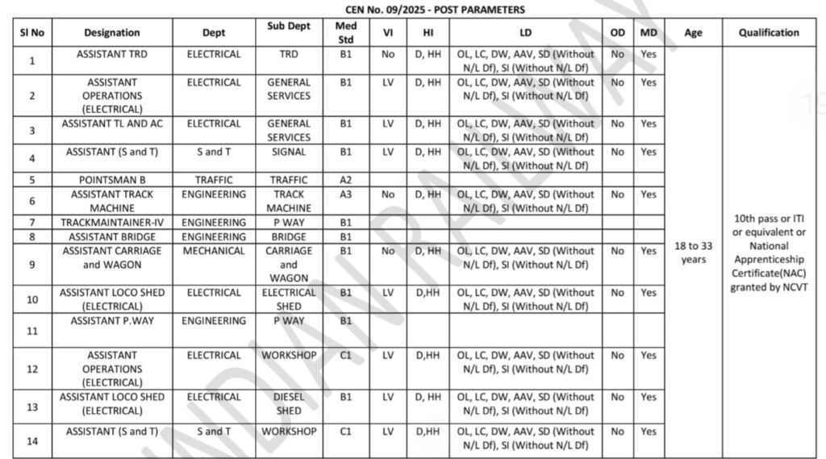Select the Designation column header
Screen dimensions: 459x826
pos(112,33)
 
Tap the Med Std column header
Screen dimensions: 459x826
pos(345,32)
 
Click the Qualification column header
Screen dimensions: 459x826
pos(769,33)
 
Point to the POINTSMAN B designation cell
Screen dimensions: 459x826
pos(112,180)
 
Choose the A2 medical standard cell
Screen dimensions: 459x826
pos(345,180)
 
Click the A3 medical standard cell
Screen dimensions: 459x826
pos(345,194)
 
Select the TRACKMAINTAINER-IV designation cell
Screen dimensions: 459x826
pos(112,223)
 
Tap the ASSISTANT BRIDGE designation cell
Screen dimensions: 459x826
pos(112,237)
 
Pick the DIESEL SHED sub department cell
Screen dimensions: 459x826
pos(289,403)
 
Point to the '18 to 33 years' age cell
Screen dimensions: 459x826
pos(693,252)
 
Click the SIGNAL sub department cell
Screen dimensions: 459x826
pos(289,152)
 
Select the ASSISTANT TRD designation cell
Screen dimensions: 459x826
pos(112,54)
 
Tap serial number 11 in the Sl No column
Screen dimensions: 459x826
pos(32,331)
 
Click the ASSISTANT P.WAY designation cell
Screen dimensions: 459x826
pos(112,321)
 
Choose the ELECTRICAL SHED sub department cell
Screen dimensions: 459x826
pos(289,299)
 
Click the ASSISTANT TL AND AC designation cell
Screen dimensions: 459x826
pos(112,123)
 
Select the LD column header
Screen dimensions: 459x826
pos(526,33)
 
